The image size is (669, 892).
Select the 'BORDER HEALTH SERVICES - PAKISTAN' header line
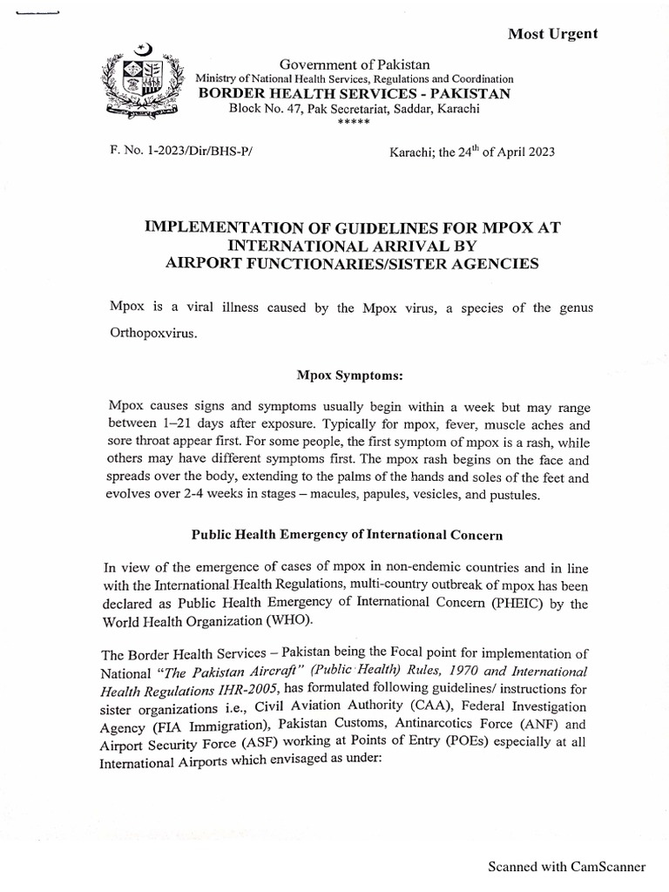353,93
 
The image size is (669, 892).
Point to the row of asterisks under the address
354,122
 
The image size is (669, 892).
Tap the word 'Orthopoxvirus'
152,333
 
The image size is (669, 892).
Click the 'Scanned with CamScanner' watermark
566,867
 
